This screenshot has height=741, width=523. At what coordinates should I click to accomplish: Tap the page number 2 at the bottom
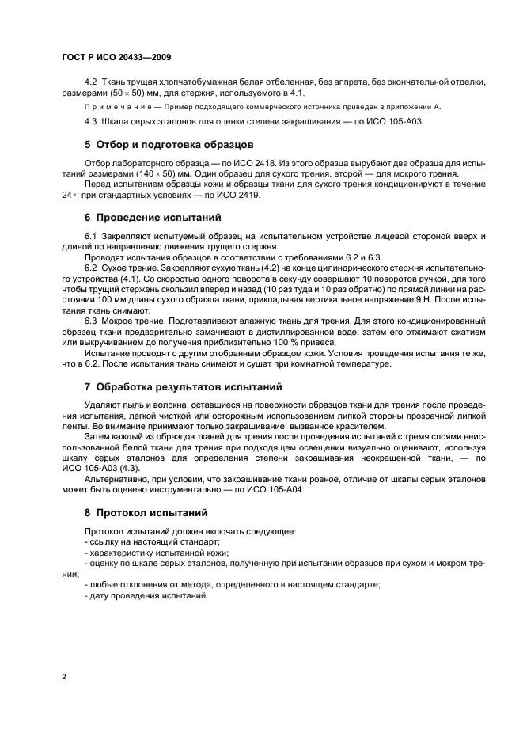click(64, 678)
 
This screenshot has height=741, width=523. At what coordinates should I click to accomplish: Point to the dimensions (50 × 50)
click(126, 93)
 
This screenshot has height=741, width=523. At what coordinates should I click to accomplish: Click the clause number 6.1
click(90, 236)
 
